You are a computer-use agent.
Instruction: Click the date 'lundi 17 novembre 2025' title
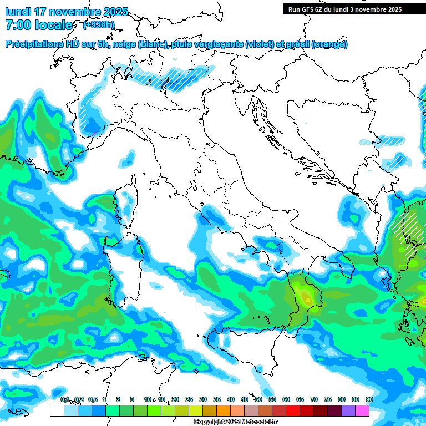pos(67,12)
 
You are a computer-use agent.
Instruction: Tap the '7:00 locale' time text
pos(39,25)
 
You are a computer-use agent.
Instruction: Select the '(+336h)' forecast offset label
pos(99,25)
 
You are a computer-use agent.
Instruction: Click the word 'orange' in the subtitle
pos(329,44)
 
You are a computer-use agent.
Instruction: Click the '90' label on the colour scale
pos(369,399)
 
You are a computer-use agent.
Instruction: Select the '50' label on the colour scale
pos(258,399)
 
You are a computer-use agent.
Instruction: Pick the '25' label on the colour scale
pos(189,399)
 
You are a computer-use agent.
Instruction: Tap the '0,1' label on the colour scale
pos(65,399)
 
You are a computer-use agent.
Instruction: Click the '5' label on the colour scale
pos(132,399)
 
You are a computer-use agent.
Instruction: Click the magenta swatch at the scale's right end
pos(362,410)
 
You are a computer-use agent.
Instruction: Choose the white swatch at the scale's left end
pos(57,410)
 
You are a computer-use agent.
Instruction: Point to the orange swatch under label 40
pos(224,410)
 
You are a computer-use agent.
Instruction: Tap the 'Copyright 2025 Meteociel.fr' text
pos(236,422)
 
